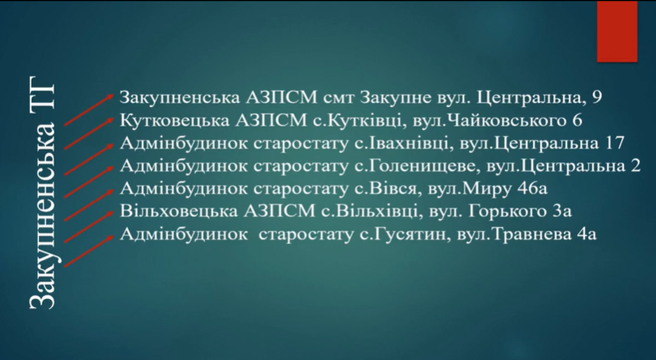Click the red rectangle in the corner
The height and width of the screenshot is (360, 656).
point(617,31)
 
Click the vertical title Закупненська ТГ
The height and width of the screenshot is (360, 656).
point(42,193)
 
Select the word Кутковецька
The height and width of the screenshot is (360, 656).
point(175,120)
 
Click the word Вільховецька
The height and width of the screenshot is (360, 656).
point(175,211)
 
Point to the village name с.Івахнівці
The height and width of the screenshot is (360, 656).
point(404,143)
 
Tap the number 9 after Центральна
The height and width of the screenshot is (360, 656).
point(597,98)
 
